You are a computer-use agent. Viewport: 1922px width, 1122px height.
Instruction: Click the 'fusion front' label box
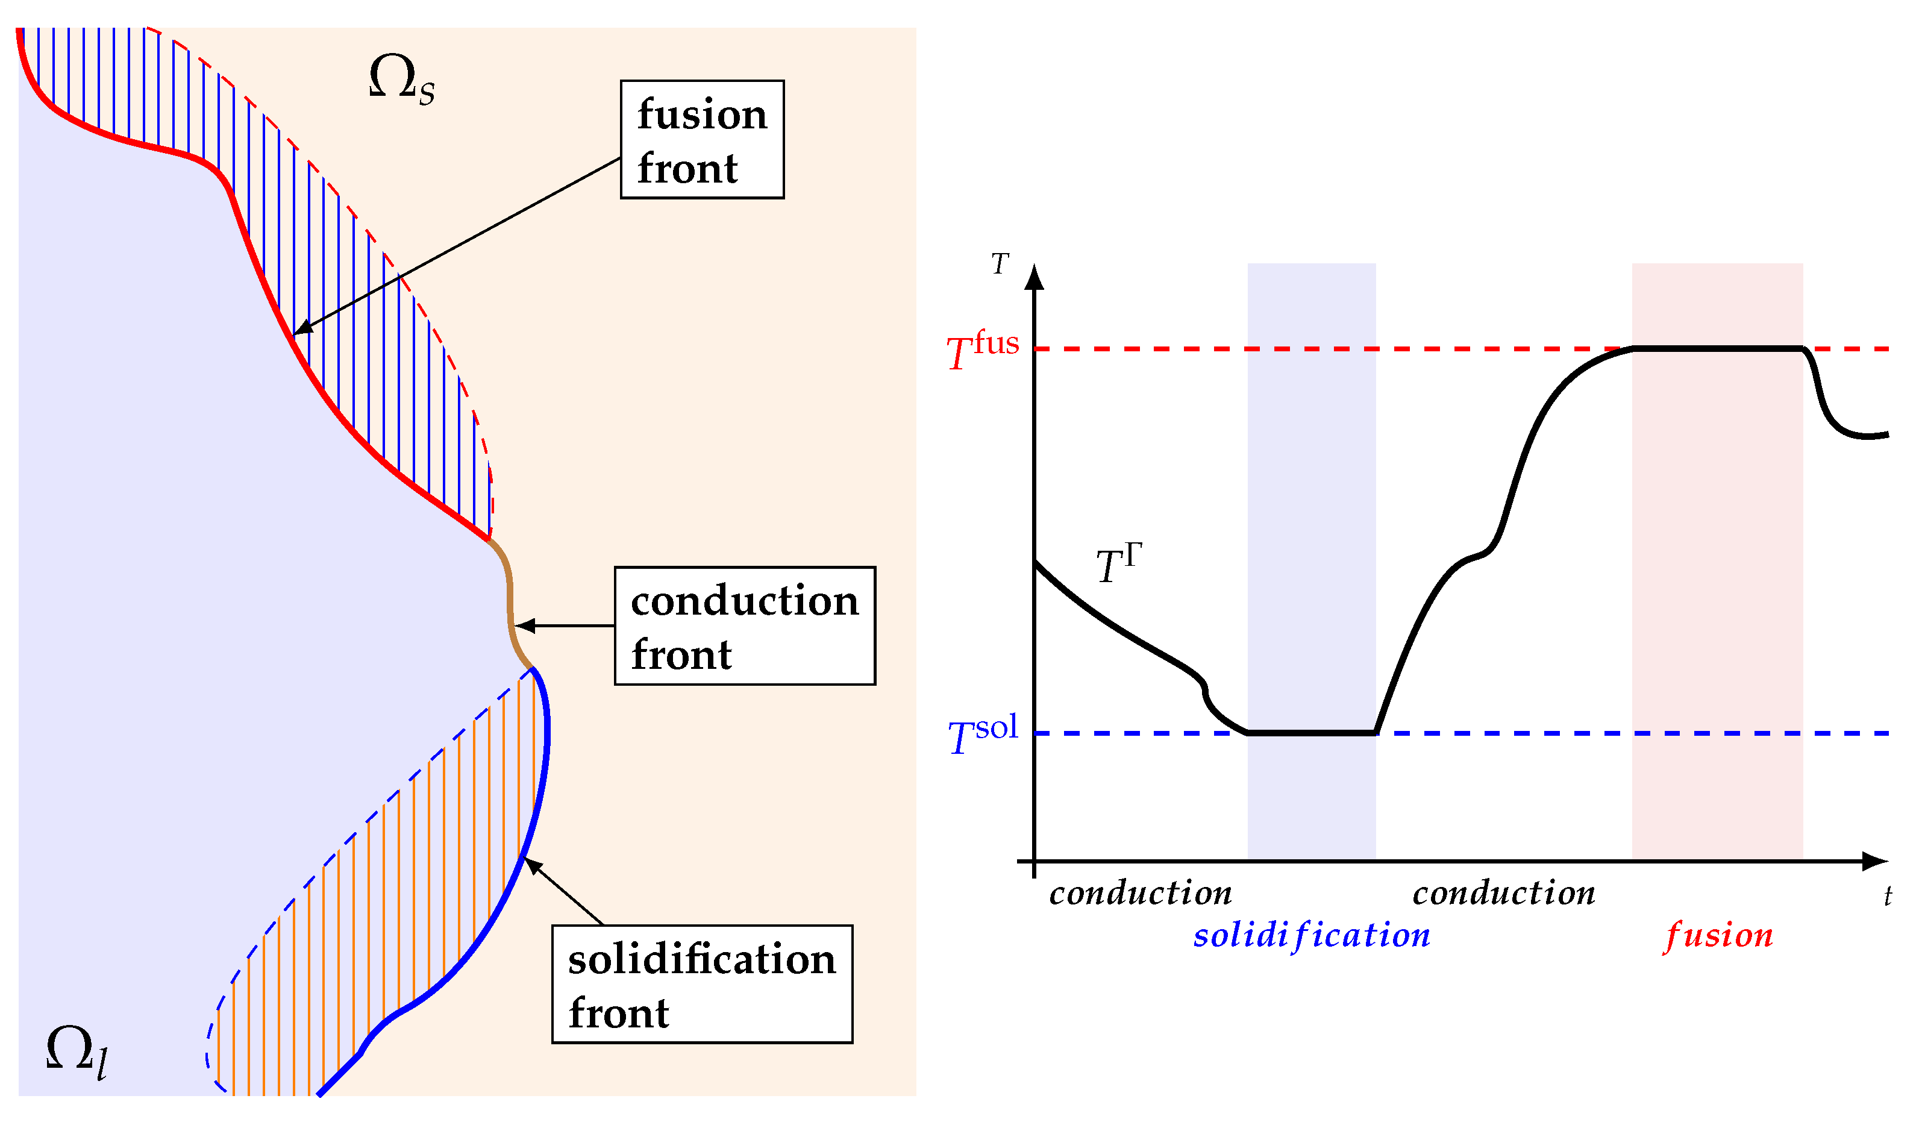702,140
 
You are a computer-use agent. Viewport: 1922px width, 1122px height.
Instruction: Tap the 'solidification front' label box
702,984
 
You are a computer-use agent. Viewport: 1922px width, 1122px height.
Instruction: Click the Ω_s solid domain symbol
401,80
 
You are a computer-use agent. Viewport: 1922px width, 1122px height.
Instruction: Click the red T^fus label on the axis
981,349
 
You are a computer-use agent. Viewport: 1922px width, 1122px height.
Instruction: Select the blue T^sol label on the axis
981,735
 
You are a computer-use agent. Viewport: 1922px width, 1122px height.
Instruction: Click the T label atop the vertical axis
1000,264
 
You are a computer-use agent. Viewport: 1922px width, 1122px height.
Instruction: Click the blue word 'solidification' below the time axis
1311,935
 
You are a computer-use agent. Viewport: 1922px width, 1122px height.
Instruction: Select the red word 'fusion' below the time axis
1718,935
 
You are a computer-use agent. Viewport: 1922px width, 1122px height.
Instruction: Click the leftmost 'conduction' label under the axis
1140,893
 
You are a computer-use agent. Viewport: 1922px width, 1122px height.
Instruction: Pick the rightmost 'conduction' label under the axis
1503,893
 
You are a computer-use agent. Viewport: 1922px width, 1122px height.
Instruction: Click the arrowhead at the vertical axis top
1035,278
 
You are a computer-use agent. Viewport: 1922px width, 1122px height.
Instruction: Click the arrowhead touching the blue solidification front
533,866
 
